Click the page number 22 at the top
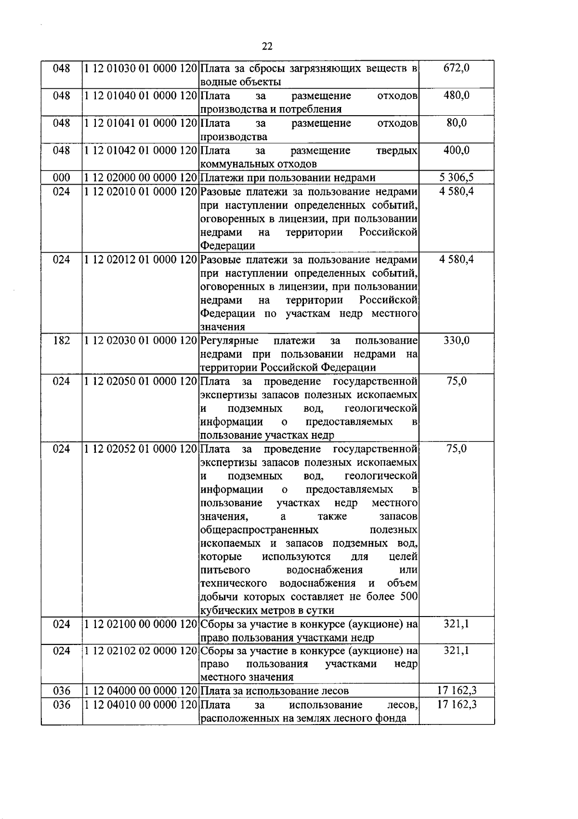(267, 46)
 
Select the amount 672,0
(456, 68)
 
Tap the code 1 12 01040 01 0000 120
(141, 96)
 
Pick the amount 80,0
(456, 123)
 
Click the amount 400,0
(456, 150)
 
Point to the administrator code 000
(61, 178)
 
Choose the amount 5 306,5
(456, 178)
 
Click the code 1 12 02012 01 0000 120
(141, 260)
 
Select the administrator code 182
(61, 341)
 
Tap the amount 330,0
(456, 341)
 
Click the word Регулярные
(229, 341)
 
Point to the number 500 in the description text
(408, 597)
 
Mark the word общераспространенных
(259, 530)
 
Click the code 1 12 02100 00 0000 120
(141, 624)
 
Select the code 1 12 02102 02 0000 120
(141, 651)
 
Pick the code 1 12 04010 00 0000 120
(141, 705)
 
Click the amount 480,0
(456, 95)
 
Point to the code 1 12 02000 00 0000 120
(141, 178)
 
